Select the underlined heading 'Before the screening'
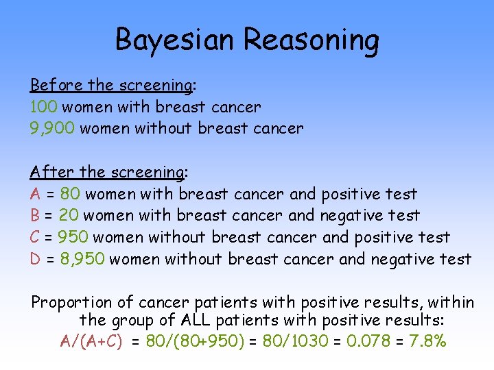click(110, 86)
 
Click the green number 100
click(45, 107)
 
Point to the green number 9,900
click(52, 128)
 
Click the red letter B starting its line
click(35, 215)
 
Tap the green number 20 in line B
click(68, 215)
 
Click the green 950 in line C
click(73, 237)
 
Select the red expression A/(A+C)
click(92, 341)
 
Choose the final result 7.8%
click(427, 341)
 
